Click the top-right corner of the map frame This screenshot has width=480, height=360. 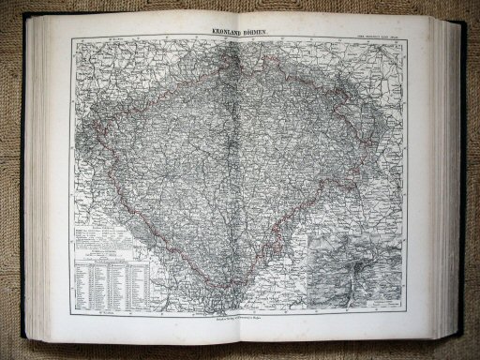pyautogui.click(x=405, y=37)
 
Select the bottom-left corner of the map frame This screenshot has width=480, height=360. pyautogui.click(x=70, y=313)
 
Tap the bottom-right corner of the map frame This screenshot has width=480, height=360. pyautogui.click(x=405, y=313)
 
